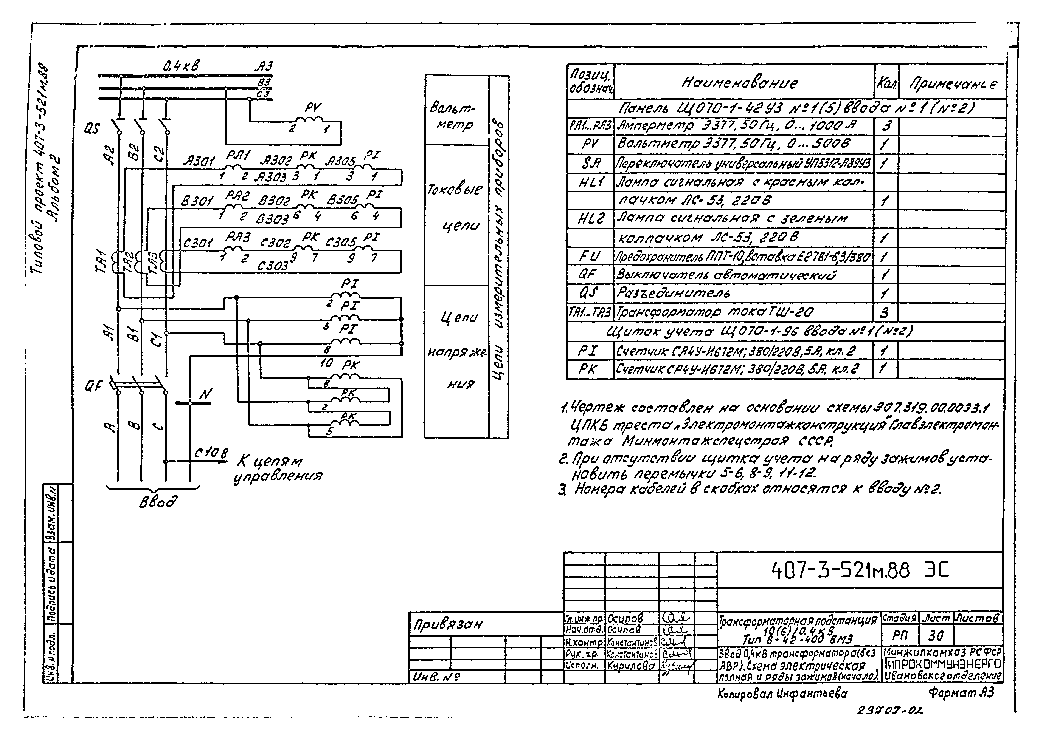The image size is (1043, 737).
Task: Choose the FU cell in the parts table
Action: [590, 257]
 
